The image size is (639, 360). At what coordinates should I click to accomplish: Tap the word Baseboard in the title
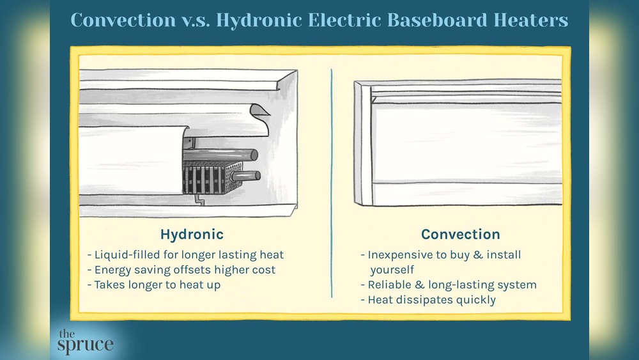coord(426,20)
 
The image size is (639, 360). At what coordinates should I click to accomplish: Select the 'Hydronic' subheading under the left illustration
coord(192,234)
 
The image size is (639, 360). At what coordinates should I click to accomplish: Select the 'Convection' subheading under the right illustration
coord(460,234)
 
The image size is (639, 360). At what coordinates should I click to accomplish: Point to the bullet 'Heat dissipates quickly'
coord(428,300)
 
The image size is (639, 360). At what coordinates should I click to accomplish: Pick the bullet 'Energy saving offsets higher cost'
coord(181,270)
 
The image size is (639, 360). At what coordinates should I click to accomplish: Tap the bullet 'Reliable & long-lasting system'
coord(448,285)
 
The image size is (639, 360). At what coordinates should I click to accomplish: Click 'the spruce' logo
coord(85,341)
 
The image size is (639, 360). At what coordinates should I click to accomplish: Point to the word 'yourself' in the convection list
coord(392,269)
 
